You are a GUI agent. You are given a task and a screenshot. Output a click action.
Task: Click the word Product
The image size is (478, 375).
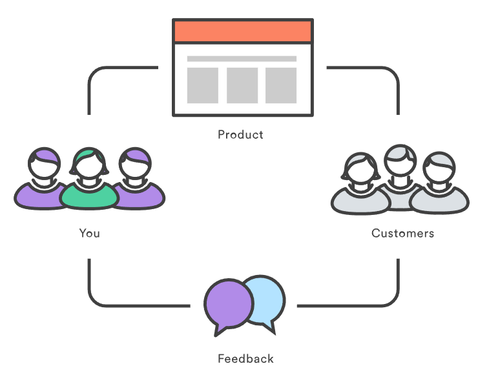click(240, 135)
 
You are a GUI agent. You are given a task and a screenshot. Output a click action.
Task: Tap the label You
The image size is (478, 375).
click(90, 233)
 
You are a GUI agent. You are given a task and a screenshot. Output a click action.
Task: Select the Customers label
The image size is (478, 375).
click(402, 233)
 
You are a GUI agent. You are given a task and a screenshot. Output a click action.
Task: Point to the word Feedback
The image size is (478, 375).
click(245, 359)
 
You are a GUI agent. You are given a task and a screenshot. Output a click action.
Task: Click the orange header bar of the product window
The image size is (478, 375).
click(242, 31)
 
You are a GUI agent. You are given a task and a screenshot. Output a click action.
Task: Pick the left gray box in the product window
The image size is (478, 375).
click(202, 85)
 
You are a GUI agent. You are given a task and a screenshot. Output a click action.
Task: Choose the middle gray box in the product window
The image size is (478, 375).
click(242, 85)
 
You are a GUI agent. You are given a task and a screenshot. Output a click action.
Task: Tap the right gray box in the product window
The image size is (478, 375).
click(281, 85)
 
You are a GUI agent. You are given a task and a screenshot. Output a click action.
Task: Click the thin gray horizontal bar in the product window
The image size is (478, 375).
click(242, 59)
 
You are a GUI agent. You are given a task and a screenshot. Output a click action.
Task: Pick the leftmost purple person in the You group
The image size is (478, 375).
click(40, 184)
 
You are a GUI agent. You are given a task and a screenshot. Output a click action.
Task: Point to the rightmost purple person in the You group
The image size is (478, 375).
click(137, 184)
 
